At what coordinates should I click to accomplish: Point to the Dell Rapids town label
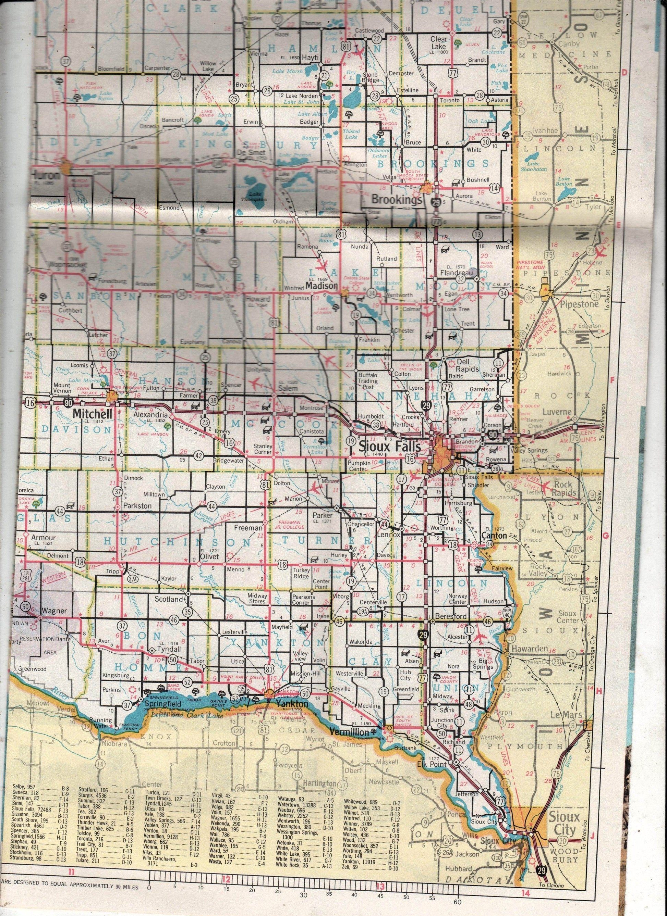pyautogui.click(x=467, y=365)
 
